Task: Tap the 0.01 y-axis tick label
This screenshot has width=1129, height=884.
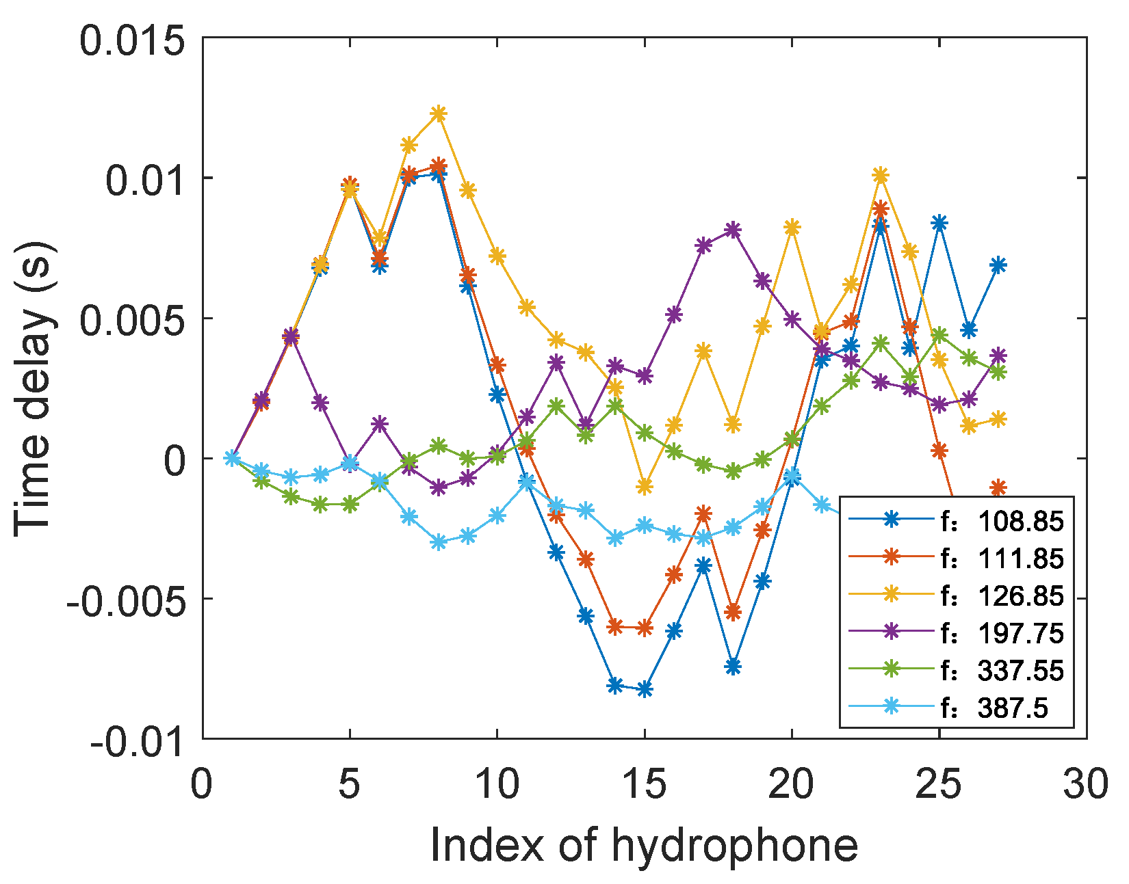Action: (x=145, y=181)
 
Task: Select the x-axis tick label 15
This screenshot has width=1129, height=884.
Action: (x=645, y=784)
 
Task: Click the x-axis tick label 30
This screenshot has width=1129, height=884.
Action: (x=1085, y=784)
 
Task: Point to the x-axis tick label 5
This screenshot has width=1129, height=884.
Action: (x=350, y=784)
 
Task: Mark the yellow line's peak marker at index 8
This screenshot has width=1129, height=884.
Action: (x=439, y=113)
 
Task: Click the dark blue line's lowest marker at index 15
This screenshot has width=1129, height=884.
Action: (x=645, y=690)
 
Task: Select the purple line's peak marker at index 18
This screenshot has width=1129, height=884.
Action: (x=733, y=230)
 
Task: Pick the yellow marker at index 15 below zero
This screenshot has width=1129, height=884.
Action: (x=645, y=487)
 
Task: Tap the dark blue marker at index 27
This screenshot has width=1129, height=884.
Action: (x=998, y=265)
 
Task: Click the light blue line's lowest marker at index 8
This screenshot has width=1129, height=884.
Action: (x=439, y=543)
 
